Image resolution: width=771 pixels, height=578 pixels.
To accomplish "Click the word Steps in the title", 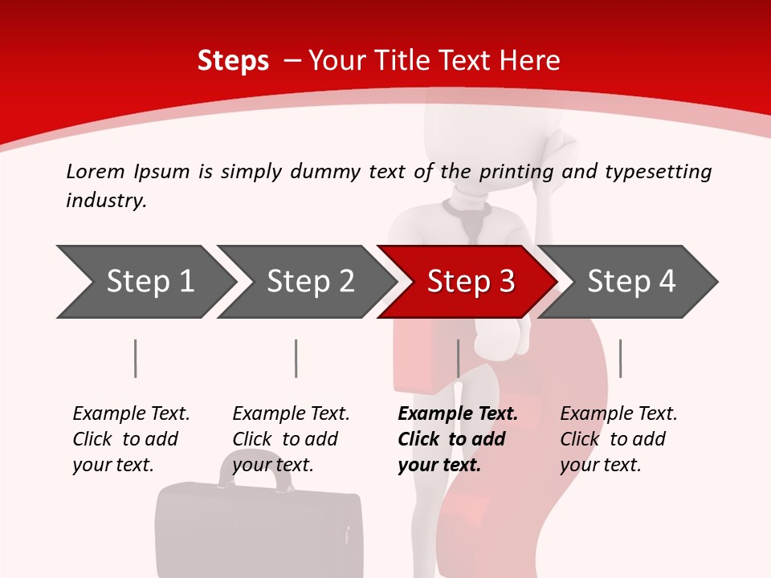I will click(x=233, y=60).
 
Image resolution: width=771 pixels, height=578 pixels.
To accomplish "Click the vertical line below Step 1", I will click(x=135, y=358).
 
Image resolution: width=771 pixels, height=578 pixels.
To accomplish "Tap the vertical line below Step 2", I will click(x=296, y=358).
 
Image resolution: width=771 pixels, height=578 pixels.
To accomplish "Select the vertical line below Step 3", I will click(x=458, y=358).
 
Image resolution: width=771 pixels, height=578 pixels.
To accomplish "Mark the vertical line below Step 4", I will click(x=620, y=358).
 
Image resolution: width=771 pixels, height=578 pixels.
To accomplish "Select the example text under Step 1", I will click(x=131, y=439).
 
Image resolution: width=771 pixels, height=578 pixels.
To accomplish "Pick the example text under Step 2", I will click(x=291, y=439).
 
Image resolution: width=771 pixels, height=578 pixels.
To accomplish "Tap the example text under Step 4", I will click(x=618, y=439).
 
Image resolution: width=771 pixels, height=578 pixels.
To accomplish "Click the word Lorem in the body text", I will click(x=96, y=171).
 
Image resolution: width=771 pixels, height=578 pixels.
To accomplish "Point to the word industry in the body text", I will click(x=106, y=201).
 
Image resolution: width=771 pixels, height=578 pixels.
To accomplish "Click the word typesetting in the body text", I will click(x=658, y=172).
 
